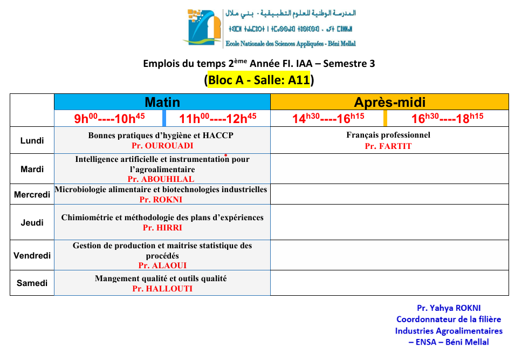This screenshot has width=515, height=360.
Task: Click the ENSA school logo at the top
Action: tap(203, 27)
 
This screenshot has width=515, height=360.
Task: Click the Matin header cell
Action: tap(162, 102)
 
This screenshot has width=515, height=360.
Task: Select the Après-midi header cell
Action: tap(389, 102)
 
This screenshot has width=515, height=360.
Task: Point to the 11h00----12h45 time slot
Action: tap(217, 118)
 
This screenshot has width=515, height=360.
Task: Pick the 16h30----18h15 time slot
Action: tap(447, 118)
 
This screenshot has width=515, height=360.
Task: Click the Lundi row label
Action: tap(32, 141)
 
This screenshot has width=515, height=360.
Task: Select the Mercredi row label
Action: tap(32, 194)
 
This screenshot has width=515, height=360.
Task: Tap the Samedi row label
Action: tap(32, 283)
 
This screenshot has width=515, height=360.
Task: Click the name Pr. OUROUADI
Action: tap(162, 146)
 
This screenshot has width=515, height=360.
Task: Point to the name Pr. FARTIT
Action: tap(388, 146)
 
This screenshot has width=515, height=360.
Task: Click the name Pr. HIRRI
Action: tap(161, 228)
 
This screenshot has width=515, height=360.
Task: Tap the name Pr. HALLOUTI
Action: tap(162, 289)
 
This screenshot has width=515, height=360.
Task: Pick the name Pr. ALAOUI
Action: tap(162, 266)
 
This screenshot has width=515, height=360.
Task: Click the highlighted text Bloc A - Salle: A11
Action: tap(259, 80)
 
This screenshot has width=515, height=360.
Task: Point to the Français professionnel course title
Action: tap(388, 135)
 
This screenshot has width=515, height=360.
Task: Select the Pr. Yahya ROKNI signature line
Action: tap(449, 308)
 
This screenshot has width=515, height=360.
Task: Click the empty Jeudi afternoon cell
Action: tap(389, 222)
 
